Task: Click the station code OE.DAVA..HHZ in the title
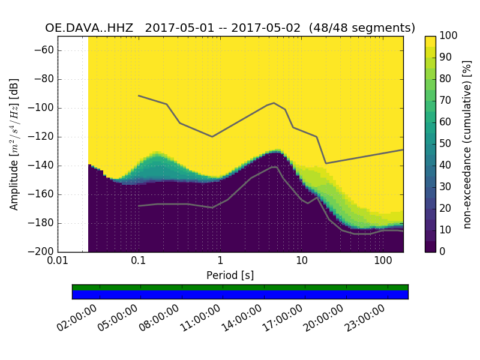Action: click(91, 28)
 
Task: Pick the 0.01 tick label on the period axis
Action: click(58, 261)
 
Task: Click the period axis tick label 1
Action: click(220, 261)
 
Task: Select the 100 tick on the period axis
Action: click(383, 261)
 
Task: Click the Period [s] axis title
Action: click(230, 275)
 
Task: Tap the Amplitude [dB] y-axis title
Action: click(14, 144)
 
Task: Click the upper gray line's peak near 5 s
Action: click(274, 103)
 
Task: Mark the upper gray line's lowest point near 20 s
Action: click(326, 163)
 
